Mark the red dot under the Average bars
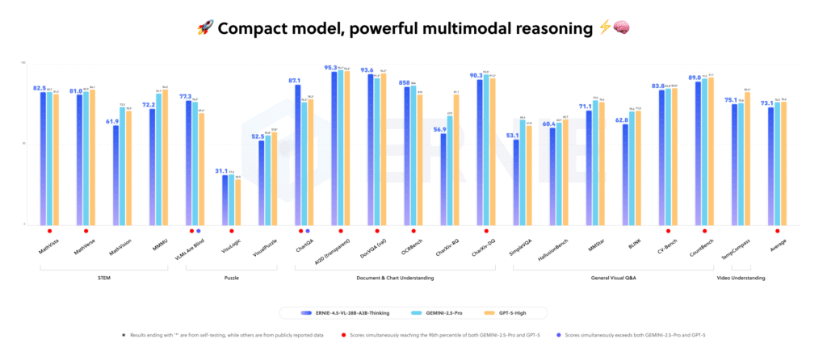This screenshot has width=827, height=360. [x=777, y=231]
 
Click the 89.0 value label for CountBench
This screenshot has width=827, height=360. [x=694, y=78]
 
